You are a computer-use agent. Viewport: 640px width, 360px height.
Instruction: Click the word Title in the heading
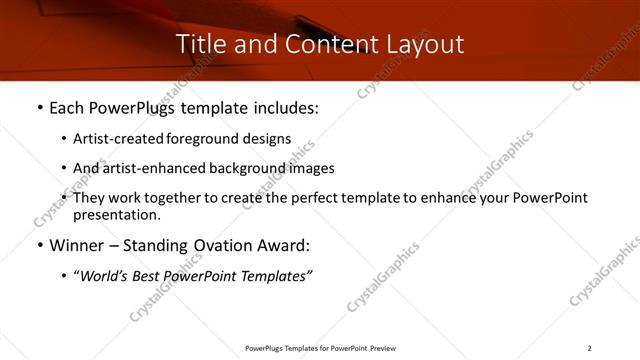click(200, 44)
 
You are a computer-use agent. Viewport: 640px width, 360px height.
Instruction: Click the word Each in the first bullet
click(68, 108)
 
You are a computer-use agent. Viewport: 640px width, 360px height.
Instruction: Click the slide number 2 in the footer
click(589, 348)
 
